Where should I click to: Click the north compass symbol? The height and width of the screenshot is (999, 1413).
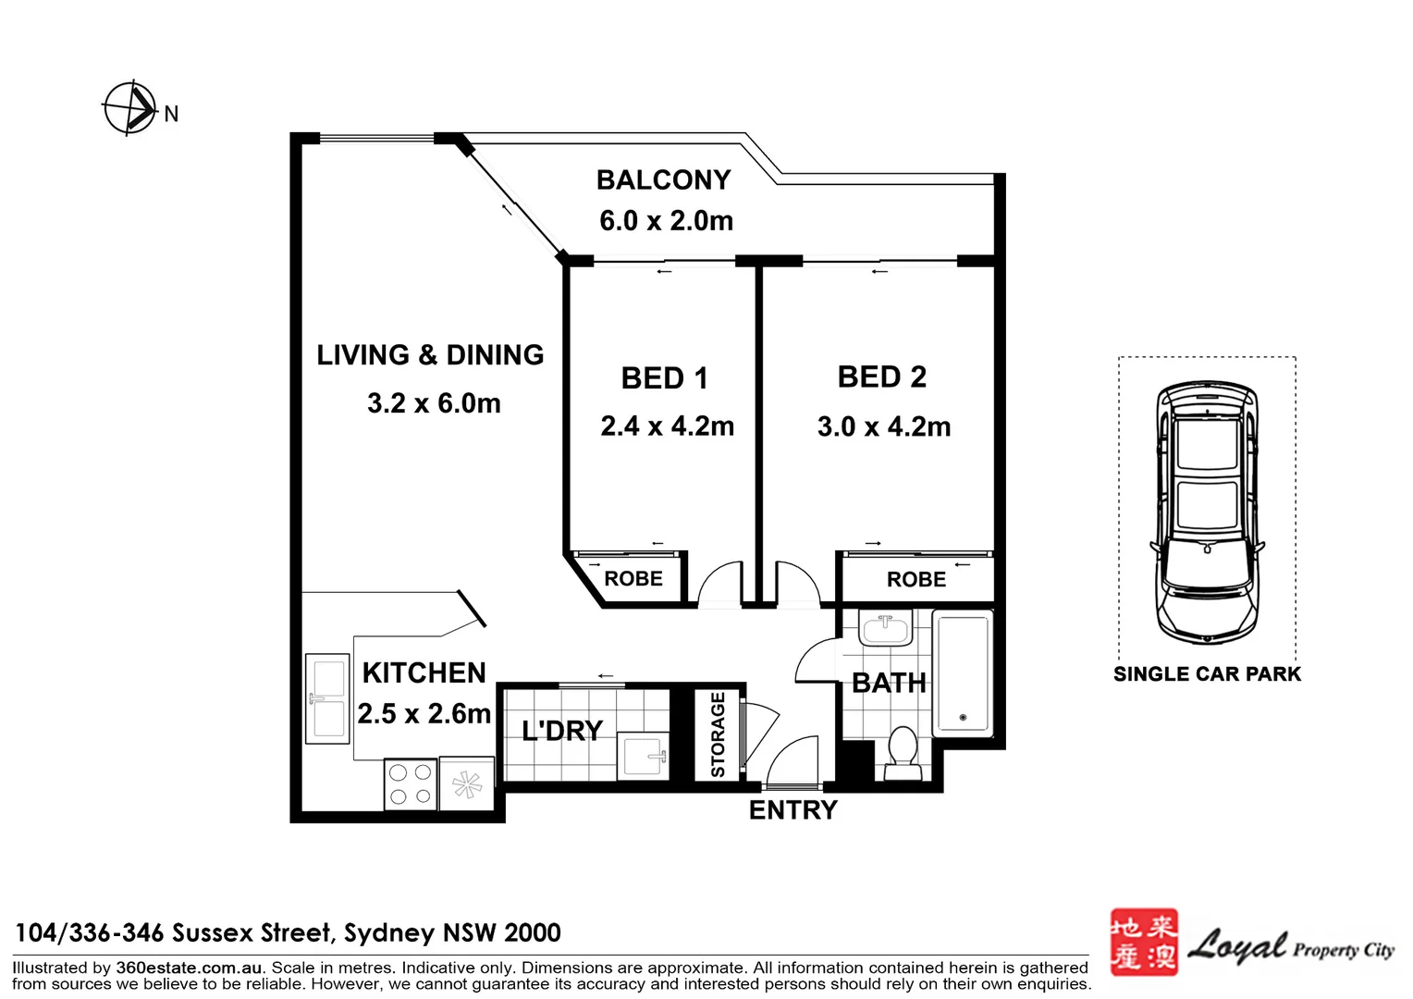(130, 108)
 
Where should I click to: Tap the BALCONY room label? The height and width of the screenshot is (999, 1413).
(664, 179)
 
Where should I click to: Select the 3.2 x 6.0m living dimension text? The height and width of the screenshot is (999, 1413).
(434, 403)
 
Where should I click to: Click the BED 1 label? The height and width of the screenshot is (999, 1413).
(664, 378)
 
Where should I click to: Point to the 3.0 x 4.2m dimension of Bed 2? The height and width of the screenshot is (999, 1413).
(884, 426)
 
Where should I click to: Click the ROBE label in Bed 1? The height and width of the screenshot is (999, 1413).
(633, 579)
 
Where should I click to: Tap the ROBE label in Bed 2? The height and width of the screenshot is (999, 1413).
(915, 579)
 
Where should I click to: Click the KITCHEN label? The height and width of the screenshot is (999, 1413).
(424, 673)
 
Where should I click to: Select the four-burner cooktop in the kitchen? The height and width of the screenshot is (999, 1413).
(410, 783)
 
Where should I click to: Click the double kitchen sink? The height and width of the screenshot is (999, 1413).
(327, 698)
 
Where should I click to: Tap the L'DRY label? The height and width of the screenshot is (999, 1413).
(562, 731)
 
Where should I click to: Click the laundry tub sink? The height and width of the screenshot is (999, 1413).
(643, 756)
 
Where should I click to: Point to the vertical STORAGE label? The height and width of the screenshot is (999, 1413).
(718, 734)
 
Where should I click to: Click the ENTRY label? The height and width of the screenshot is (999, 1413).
(793, 809)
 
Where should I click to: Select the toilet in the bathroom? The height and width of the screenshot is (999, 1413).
(902, 754)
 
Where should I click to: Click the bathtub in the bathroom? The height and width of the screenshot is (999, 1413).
(963, 674)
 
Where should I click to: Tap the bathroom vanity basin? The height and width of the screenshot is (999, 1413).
(885, 627)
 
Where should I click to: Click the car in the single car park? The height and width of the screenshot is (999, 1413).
(1208, 512)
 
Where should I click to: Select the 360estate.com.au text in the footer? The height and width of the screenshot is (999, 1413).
(189, 968)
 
